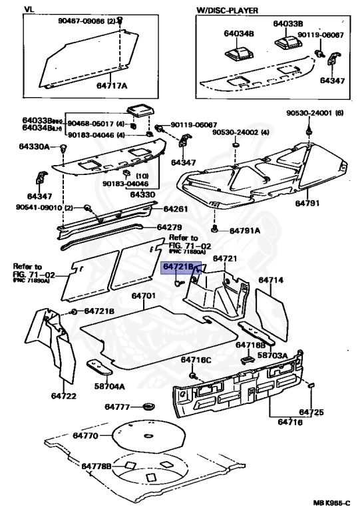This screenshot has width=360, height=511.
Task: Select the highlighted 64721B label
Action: click(178, 267)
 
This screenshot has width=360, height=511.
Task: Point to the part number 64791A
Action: click(245, 231)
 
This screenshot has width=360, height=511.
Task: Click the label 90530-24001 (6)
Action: click(315, 112)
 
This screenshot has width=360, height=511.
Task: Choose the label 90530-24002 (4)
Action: click(241, 132)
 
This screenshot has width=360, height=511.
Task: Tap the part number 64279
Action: click(171, 227)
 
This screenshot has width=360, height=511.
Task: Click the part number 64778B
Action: click(96, 466)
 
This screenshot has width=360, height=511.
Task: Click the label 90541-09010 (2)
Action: click(42, 208)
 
